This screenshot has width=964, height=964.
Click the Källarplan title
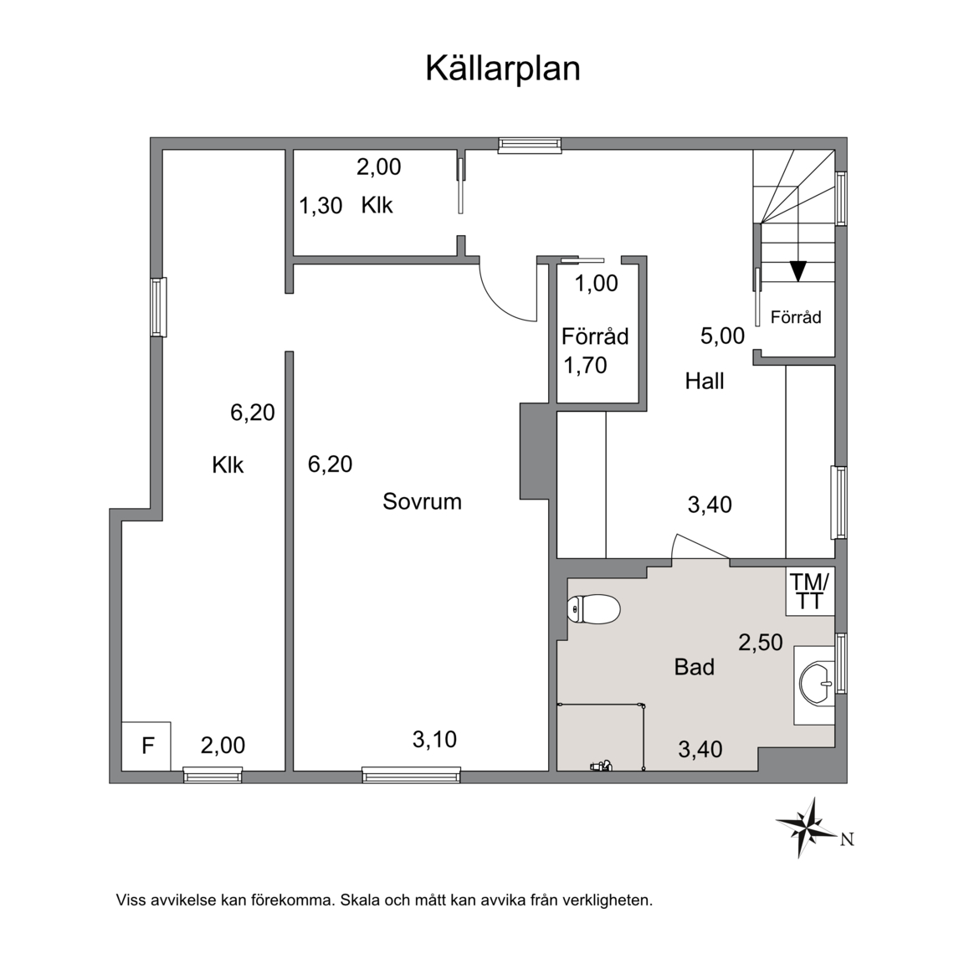[x=503, y=69]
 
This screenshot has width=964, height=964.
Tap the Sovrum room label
[x=422, y=502]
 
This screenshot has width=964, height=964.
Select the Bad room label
[x=694, y=667]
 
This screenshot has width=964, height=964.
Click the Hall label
[x=705, y=382]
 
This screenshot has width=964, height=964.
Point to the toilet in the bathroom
[x=593, y=609]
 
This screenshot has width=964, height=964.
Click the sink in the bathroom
[x=817, y=684]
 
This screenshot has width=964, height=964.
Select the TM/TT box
[x=810, y=591]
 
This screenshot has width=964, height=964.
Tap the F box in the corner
[x=146, y=746]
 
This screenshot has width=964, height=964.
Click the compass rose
[x=808, y=828]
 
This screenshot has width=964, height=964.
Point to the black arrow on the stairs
[x=798, y=271]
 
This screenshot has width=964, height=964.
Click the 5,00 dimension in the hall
[x=722, y=336]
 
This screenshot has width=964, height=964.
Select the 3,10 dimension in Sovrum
[x=434, y=740]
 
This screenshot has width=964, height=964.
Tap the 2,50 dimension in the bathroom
[x=761, y=643]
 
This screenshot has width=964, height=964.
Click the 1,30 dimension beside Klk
[x=320, y=206]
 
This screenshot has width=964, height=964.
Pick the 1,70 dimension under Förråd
[x=585, y=366]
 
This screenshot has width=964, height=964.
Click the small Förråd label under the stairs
[x=796, y=317]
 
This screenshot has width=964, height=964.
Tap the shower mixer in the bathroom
[x=600, y=766]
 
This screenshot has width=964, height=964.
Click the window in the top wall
[x=530, y=145]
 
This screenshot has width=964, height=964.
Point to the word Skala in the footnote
[x=358, y=900]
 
